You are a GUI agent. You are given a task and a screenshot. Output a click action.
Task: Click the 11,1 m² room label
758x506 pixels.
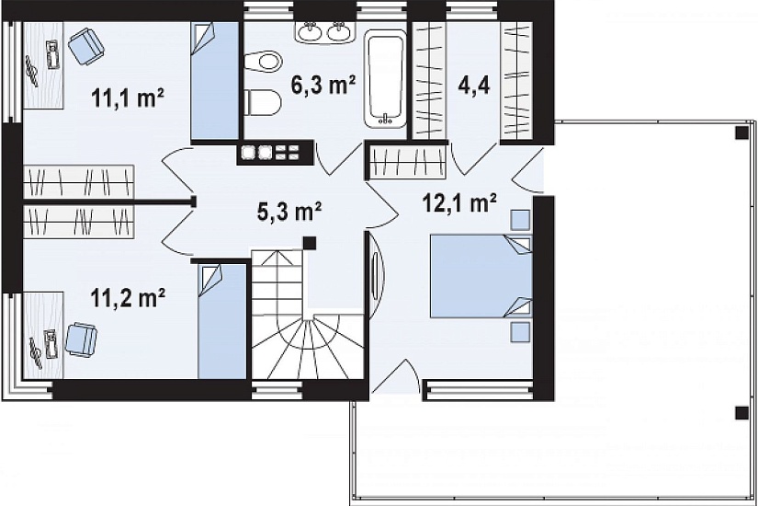click(128, 98)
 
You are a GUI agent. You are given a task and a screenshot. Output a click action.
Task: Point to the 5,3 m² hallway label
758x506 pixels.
click(289, 212)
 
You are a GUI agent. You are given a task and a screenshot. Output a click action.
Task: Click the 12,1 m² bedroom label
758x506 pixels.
click(459, 203)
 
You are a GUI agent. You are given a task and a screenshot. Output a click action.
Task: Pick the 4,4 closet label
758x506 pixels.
click(473, 86)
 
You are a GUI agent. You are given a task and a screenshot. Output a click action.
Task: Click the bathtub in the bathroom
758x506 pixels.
click(385, 79)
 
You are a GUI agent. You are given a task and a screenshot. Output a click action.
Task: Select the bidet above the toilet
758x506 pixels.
click(263, 62)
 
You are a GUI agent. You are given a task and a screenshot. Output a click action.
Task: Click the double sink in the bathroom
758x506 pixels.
click(323, 31)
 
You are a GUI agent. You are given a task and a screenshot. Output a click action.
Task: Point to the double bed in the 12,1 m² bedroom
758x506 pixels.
click(481, 276)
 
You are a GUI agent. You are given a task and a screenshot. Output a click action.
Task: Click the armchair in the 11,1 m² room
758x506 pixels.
click(86, 46)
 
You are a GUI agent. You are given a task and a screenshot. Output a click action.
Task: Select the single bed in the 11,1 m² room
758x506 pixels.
click(215, 81)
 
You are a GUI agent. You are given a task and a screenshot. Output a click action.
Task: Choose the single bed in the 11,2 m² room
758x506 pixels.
click(222, 321)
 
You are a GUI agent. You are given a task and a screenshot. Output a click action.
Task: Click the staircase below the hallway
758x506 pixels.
click(308, 314)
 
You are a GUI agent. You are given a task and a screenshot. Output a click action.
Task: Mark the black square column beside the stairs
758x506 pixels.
click(310, 243)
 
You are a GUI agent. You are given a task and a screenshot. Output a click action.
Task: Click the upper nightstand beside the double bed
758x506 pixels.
click(521, 220)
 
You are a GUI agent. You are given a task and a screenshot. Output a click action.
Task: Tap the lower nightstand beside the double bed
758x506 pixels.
click(521, 333)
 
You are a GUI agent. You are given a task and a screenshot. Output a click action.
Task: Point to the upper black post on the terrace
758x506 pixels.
click(741, 132)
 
